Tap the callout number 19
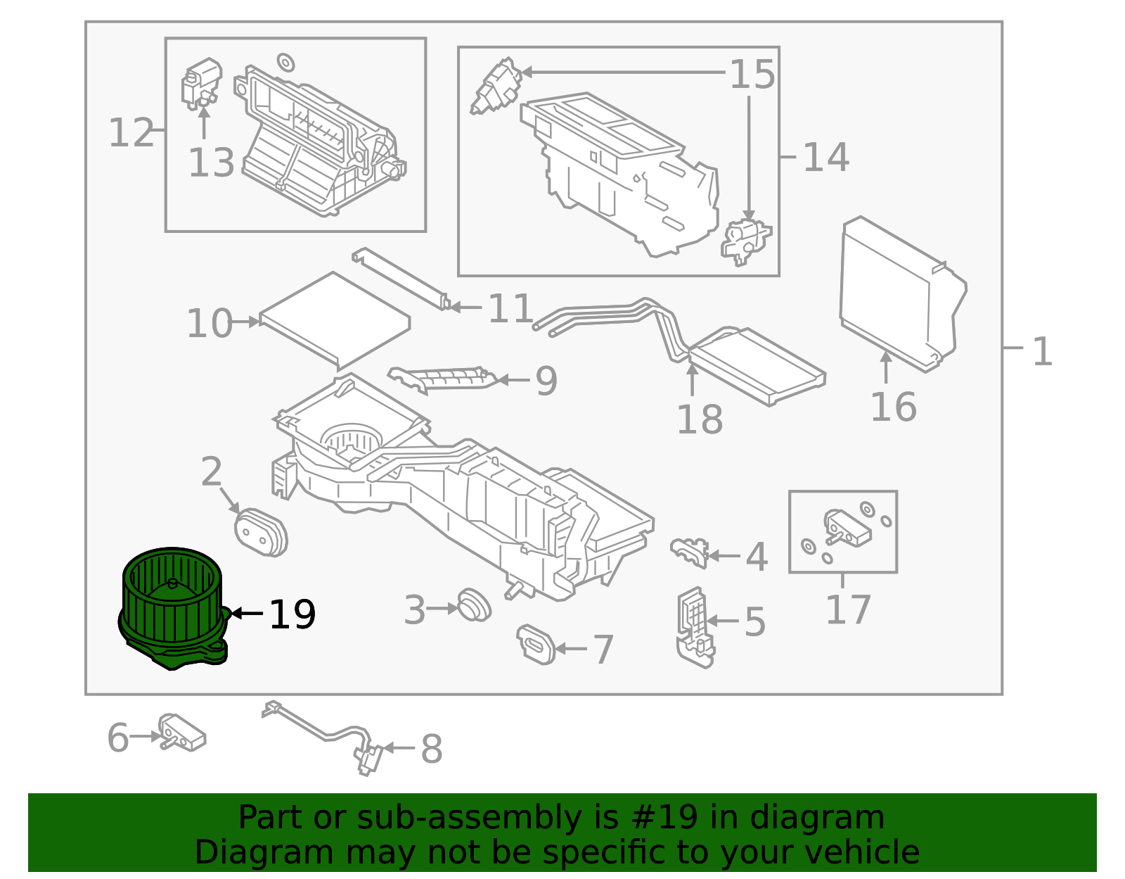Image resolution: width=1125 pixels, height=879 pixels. [x=292, y=614]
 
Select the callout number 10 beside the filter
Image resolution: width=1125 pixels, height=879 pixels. [x=209, y=324]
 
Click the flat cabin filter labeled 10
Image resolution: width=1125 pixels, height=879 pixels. [x=334, y=320]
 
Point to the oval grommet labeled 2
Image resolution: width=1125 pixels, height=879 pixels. [x=260, y=533]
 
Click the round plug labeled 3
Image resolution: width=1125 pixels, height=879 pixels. [x=473, y=606]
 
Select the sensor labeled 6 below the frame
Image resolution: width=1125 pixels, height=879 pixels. [x=181, y=732]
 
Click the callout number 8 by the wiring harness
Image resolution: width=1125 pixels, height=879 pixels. [x=431, y=749]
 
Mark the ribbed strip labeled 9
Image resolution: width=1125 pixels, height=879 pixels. [x=443, y=379]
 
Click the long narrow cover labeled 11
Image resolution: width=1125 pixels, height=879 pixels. [x=401, y=278]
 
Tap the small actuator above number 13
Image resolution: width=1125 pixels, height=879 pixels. [x=200, y=82]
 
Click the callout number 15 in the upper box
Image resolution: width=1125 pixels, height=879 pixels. [x=752, y=74]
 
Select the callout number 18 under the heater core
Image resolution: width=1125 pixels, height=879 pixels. [x=699, y=420]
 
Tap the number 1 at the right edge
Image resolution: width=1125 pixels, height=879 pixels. [x=1042, y=351]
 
